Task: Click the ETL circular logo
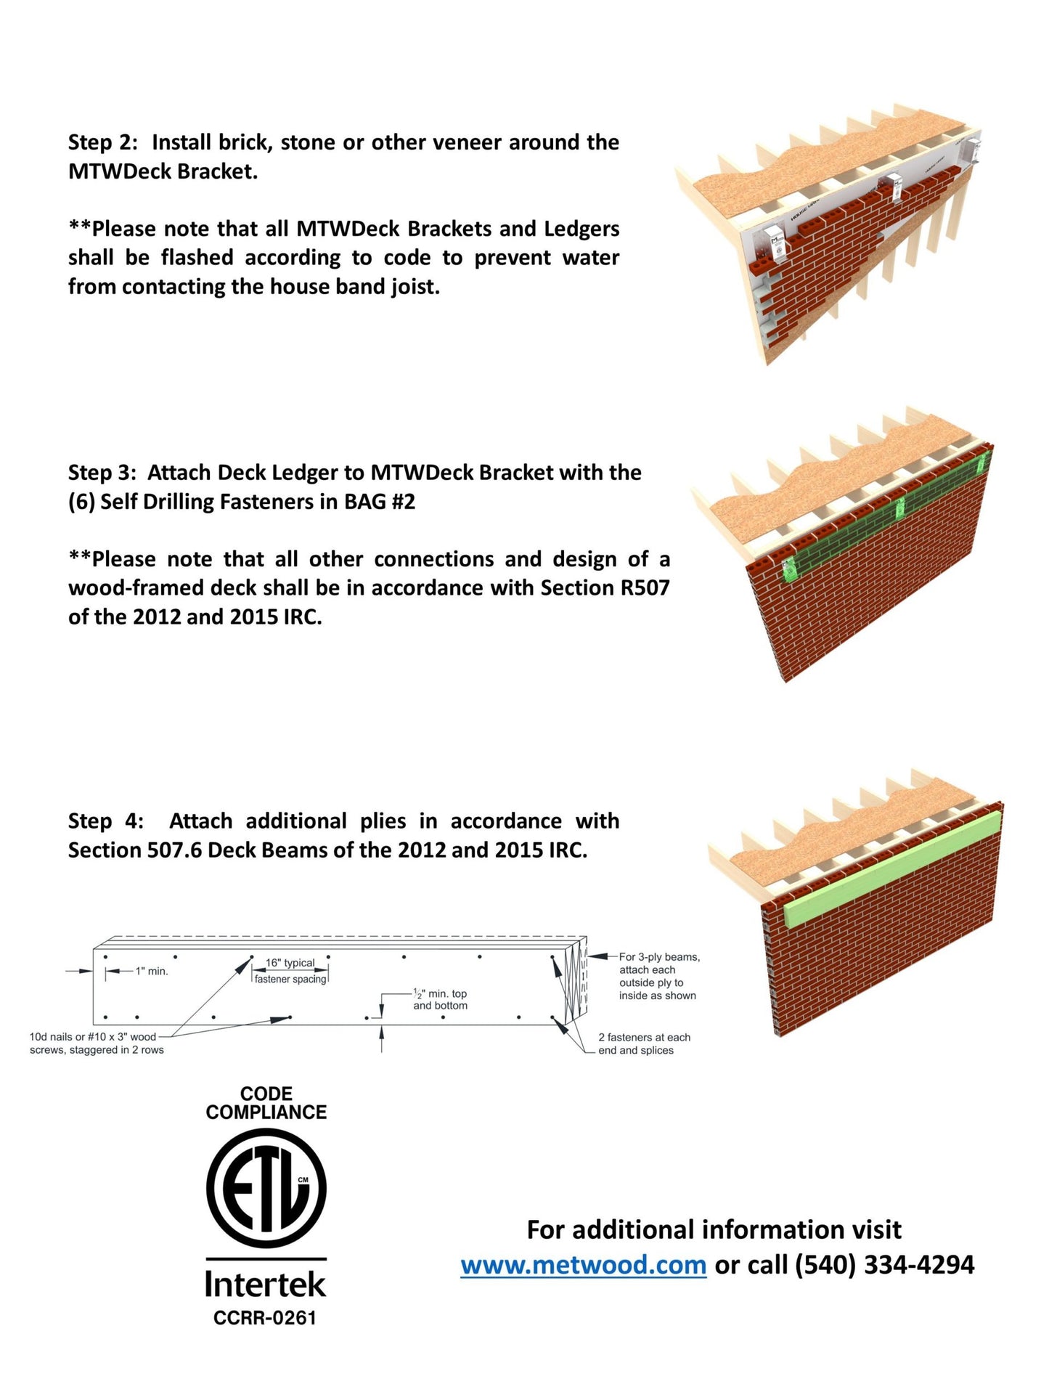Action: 266,1189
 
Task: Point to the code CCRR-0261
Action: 265,1317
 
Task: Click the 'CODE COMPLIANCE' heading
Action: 266,1102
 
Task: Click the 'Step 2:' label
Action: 103,142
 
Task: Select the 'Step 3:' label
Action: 102,473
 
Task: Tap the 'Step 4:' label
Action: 106,821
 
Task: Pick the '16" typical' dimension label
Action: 290,963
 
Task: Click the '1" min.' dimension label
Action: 152,971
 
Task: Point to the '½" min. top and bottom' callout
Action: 440,999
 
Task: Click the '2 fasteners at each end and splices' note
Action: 644,1043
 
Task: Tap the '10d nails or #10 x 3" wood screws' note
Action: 97,1043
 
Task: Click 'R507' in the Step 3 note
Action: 645,587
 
